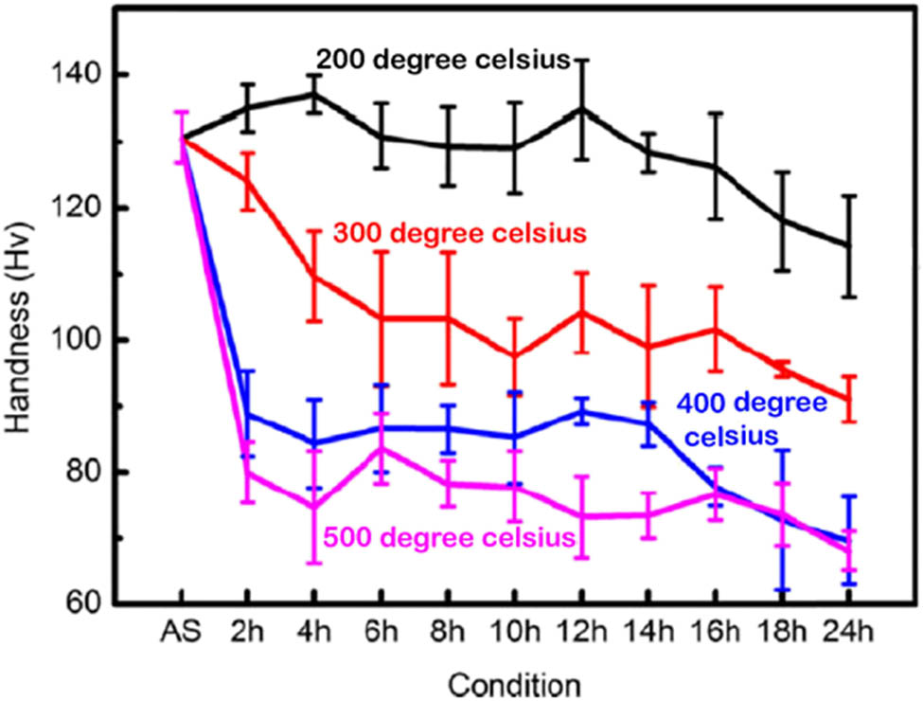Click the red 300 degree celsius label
pyautogui.click(x=457, y=232)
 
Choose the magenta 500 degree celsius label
pyautogui.click(x=450, y=538)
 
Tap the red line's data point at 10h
pyautogui.click(x=514, y=356)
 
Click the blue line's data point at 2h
pyautogui.click(x=247, y=414)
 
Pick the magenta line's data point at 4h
pyautogui.click(x=313, y=507)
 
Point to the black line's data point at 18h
pyautogui.click(x=782, y=221)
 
